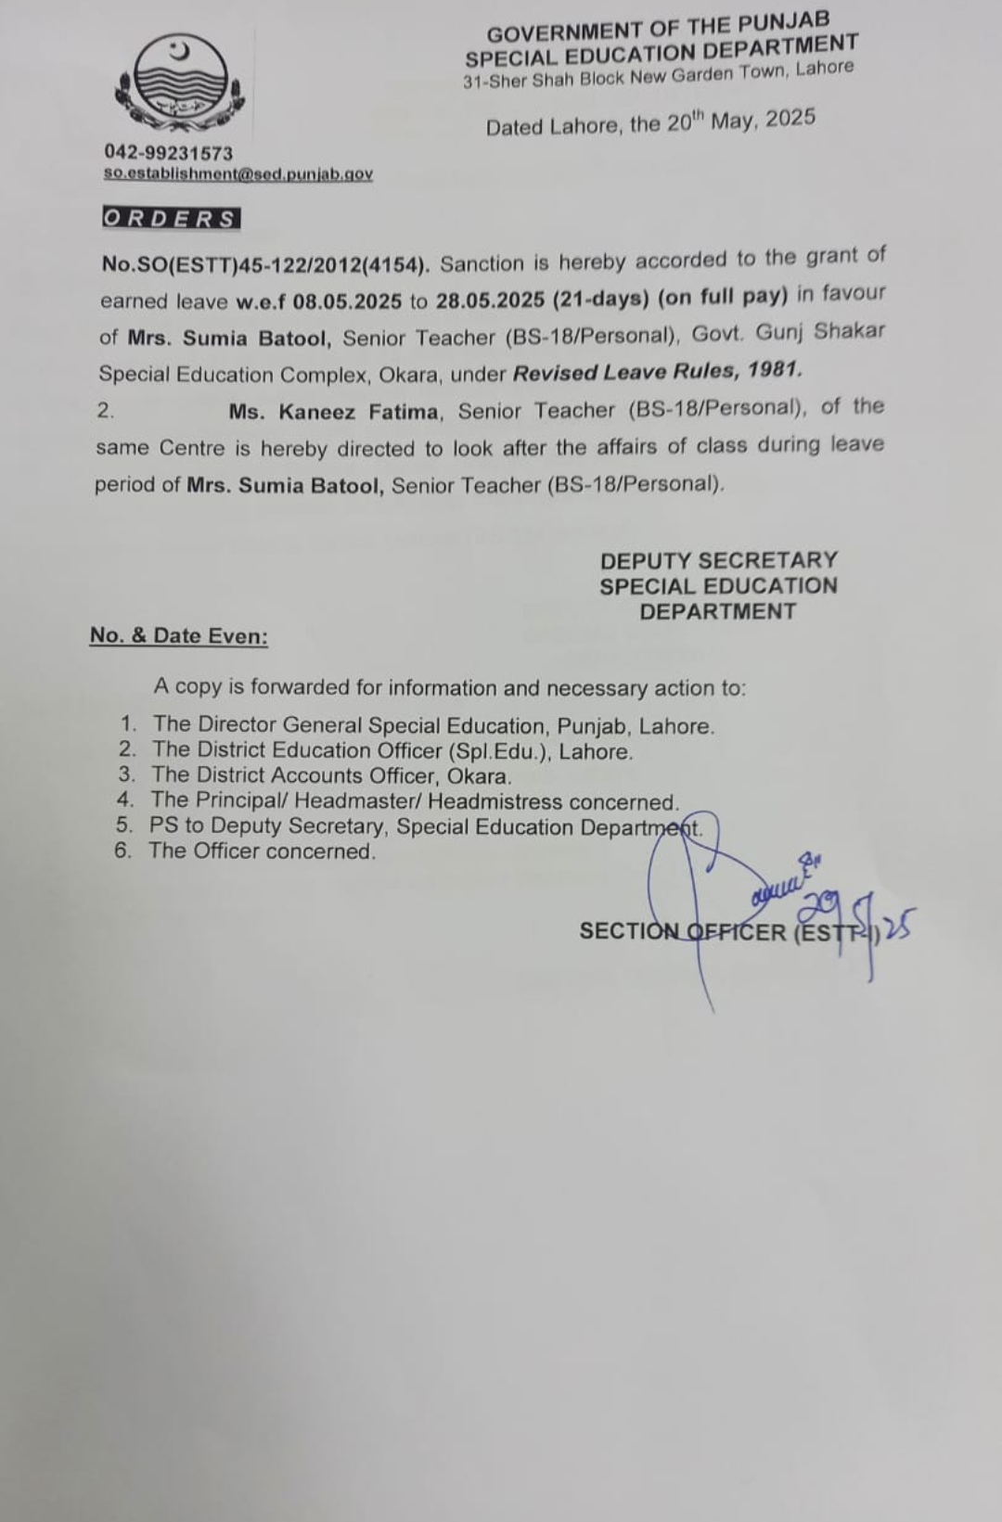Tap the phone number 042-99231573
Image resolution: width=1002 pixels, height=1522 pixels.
(x=168, y=153)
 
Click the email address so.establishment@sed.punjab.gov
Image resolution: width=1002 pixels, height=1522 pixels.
(x=238, y=173)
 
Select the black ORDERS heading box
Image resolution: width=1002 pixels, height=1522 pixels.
(x=171, y=219)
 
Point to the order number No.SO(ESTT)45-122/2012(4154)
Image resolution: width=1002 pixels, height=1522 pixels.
(x=265, y=264)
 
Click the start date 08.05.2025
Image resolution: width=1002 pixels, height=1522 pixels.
(x=347, y=301)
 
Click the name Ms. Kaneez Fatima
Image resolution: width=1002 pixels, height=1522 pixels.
(x=334, y=411)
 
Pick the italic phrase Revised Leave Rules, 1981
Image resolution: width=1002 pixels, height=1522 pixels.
(x=657, y=371)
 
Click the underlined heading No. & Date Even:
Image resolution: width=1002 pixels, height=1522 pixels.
(x=179, y=636)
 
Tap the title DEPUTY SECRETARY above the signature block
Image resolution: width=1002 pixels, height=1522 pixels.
(x=718, y=560)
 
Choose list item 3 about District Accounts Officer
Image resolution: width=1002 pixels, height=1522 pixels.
(x=331, y=776)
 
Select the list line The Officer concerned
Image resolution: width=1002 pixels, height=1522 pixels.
(x=263, y=851)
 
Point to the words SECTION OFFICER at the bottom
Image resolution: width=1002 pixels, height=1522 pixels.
(x=682, y=931)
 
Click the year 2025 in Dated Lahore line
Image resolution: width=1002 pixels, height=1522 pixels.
(x=790, y=118)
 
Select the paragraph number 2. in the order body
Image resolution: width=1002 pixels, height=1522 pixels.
(x=105, y=411)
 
